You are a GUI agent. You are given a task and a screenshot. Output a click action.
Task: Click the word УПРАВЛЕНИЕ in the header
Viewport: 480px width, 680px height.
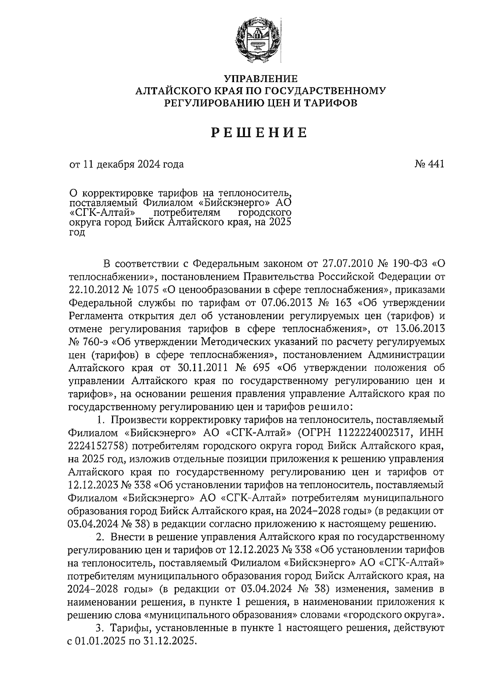click(x=260, y=78)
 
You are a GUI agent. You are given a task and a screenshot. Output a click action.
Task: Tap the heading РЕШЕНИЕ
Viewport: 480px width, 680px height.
click(x=260, y=133)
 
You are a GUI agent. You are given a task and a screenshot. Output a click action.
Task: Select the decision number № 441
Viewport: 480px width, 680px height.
click(x=429, y=164)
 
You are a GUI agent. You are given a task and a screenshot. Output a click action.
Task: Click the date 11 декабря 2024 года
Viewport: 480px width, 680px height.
click(x=132, y=164)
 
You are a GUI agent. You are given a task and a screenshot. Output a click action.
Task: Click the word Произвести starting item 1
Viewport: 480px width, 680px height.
click(x=138, y=420)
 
